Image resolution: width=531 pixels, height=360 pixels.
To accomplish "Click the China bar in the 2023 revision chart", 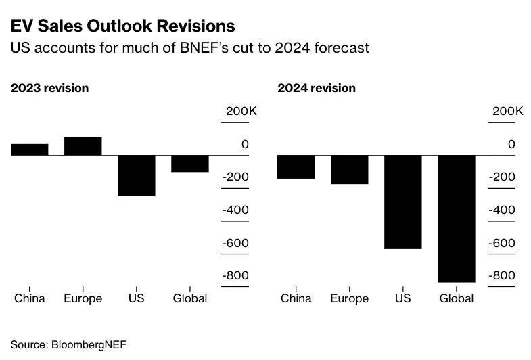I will (x=29, y=150).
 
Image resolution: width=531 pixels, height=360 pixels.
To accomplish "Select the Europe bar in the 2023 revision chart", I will (x=83, y=146).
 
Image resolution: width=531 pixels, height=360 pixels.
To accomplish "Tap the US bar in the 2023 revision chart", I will (x=136, y=175).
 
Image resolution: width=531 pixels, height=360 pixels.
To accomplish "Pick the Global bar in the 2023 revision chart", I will (x=189, y=164).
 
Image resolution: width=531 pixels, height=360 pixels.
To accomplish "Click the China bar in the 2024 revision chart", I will (x=296, y=166).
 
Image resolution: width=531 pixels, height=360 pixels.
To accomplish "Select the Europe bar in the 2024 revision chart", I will (x=349, y=169).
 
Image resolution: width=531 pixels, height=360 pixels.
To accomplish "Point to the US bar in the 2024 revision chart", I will (x=402, y=202).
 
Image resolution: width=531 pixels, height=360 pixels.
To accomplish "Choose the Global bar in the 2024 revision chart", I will (x=456, y=219).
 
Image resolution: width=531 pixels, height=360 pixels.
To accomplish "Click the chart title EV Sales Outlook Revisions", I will (x=122, y=26).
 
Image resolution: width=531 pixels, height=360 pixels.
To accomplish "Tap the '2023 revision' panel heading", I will (x=49, y=88).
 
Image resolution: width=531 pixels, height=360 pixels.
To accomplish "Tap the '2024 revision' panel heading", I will (x=317, y=88).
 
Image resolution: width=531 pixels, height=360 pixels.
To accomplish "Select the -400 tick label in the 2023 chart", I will (x=236, y=210).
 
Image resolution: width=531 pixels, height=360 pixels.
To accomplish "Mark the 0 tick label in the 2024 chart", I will (x=511, y=144).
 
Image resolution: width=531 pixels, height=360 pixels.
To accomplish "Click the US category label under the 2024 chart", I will (x=402, y=298).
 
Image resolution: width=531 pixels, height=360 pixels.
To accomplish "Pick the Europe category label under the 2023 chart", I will (x=83, y=298).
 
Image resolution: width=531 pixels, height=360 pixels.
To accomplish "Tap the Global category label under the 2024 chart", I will (x=457, y=298).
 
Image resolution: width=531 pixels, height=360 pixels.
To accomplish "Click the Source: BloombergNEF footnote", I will (x=68, y=344).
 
